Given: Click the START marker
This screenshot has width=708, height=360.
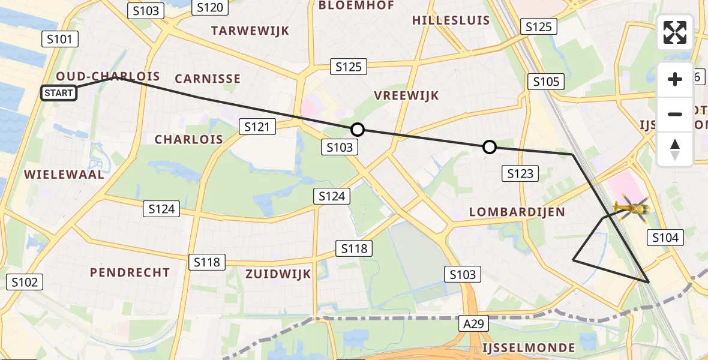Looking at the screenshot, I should click(59, 93).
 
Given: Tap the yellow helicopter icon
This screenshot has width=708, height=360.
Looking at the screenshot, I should click(631, 209).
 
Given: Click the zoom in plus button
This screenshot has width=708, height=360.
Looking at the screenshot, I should click(675, 79).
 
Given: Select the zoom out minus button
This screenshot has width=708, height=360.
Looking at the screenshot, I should click(675, 114).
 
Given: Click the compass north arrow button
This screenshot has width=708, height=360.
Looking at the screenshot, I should click(675, 149).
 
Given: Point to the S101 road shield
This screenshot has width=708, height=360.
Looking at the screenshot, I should click(60, 40).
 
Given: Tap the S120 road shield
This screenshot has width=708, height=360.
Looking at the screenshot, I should click(210, 7).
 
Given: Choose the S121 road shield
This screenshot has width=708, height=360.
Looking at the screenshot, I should click(257, 127).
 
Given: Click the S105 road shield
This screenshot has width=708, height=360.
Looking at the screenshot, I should click(546, 82).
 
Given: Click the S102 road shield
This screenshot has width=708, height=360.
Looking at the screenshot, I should click(25, 282).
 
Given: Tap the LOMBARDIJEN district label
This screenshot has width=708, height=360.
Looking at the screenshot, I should click(517, 212).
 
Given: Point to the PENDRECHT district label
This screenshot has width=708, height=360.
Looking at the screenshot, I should click(130, 273).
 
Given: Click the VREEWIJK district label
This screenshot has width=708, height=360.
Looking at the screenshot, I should click(406, 95).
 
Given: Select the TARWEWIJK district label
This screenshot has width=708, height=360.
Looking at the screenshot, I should click(250, 31).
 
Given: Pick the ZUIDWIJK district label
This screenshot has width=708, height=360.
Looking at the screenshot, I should click(278, 274).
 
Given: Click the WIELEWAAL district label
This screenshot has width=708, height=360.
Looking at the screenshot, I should click(64, 175).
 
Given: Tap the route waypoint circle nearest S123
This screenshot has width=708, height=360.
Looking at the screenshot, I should click(490, 147).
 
